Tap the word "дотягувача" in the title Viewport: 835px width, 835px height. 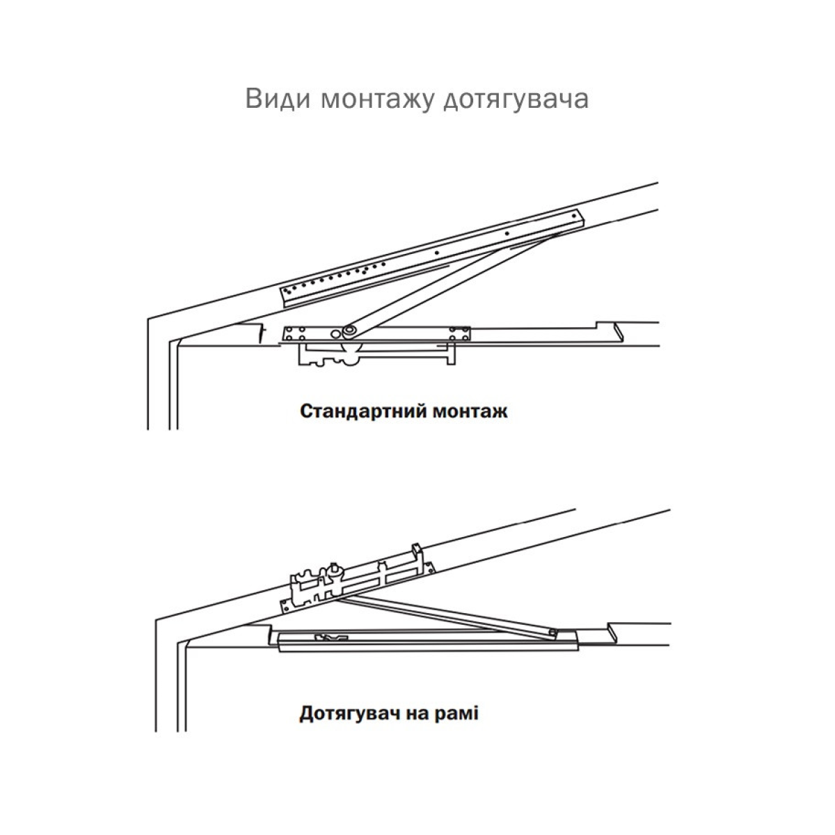click(x=516, y=100)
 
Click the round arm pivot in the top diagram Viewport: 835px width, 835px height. click(x=351, y=330)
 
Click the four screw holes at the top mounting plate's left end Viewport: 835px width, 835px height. click(x=295, y=334)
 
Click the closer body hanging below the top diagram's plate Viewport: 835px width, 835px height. click(x=376, y=353)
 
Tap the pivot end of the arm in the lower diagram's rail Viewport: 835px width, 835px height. click(x=552, y=633)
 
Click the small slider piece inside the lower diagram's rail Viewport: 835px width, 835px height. click(x=332, y=637)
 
